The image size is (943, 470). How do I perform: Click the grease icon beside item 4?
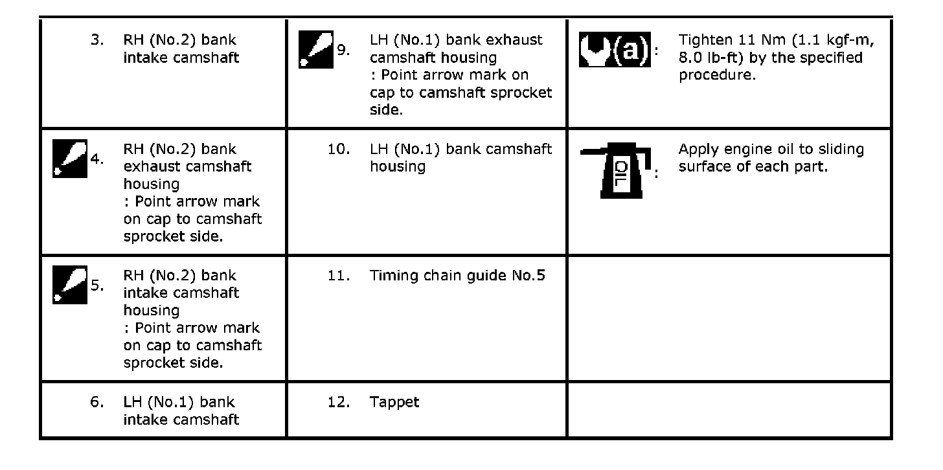tap(69, 159)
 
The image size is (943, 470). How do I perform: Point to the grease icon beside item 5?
tap(69, 285)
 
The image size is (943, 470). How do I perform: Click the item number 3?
tap(97, 40)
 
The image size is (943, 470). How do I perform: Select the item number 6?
tap(97, 402)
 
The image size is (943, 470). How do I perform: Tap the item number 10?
tap(339, 150)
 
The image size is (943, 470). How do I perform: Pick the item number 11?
tap(339, 276)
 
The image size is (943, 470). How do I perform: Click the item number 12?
tap(339, 402)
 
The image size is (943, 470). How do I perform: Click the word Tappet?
tap(394, 402)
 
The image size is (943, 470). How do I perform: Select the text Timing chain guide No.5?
tap(457, 276)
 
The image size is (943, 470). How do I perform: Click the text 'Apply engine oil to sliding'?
tap(771, 150)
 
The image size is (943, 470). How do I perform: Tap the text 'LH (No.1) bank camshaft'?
tap(460, 150)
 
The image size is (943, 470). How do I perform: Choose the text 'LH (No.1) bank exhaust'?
tap(456, 40)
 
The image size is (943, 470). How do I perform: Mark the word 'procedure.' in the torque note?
tap(717, 75)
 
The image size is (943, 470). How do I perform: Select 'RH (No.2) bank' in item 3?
tap(179, 40)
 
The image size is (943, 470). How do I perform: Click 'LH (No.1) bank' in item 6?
tap(179, 402)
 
